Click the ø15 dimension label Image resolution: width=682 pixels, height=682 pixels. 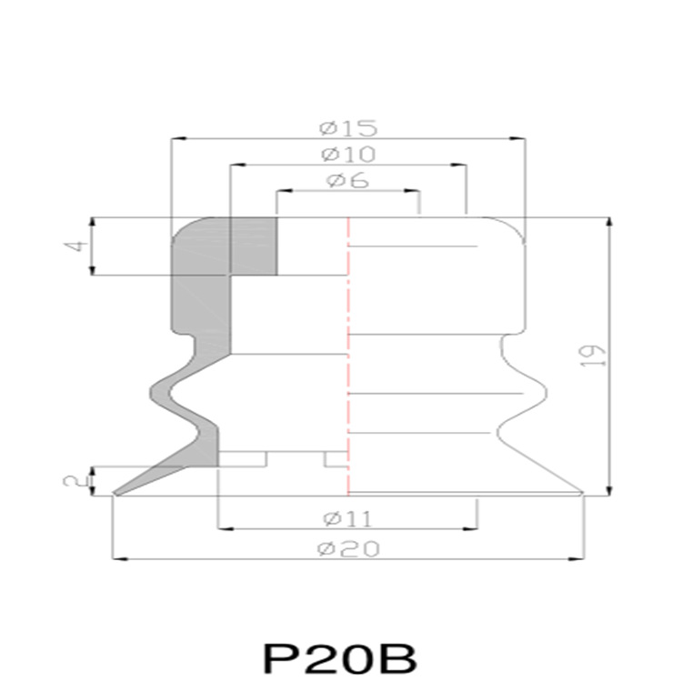coord(347,125)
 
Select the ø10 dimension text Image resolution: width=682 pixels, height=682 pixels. coord(347,153)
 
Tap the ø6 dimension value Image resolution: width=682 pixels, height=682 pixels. coord(347,180)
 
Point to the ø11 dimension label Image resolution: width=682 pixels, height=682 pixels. coord(347,518)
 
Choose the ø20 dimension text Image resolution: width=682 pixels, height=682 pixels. coord(347,548)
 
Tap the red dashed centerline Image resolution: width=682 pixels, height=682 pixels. coord(348,364)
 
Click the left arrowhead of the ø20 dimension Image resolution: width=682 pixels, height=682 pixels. coord(116,558)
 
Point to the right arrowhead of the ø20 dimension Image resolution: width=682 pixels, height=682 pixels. coord(577,558)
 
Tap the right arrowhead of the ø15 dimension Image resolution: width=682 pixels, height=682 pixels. coord(519,138)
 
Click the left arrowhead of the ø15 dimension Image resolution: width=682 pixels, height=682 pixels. coord(178,138)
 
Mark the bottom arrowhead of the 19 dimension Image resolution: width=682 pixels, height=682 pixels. coord(607,488)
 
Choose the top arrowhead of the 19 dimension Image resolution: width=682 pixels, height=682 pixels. coord(607,224)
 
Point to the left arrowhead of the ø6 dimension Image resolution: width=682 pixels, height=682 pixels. coord(282,192)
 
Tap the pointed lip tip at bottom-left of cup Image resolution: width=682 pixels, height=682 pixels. coord(115,494)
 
